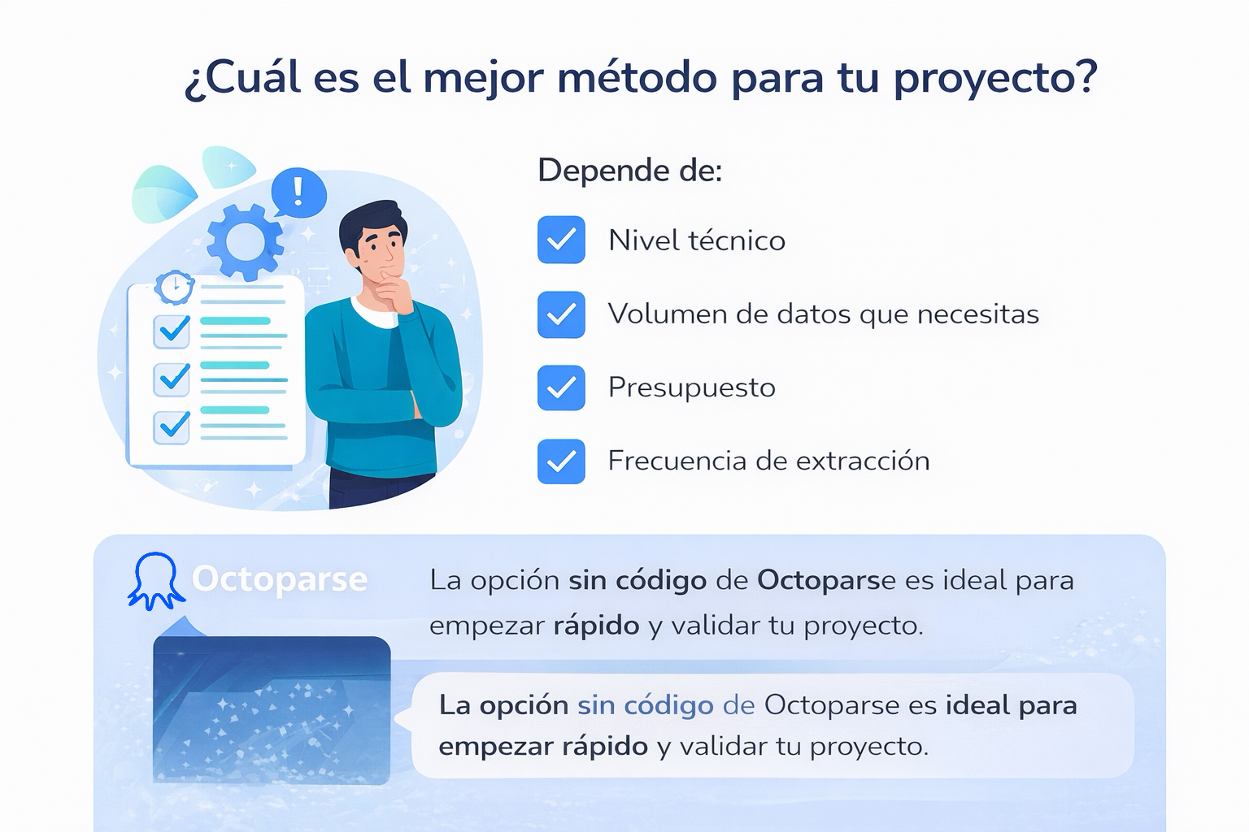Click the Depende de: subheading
pos(630,171)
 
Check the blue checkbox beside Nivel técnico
pos(561,240)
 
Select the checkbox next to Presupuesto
pos(561,388)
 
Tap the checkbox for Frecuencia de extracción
pos(561,461)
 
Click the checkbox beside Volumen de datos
pos(561,314)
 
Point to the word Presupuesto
pos(691,388)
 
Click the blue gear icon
pos(244,241)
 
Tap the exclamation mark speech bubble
pos(298,193)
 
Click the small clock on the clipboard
pos(175,287)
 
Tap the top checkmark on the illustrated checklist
pos(173,329)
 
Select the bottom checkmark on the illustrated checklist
pos(173,425)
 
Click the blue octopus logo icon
pos(155,581)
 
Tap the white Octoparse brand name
pos(280,579)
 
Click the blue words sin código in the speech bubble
pos(645,705)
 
